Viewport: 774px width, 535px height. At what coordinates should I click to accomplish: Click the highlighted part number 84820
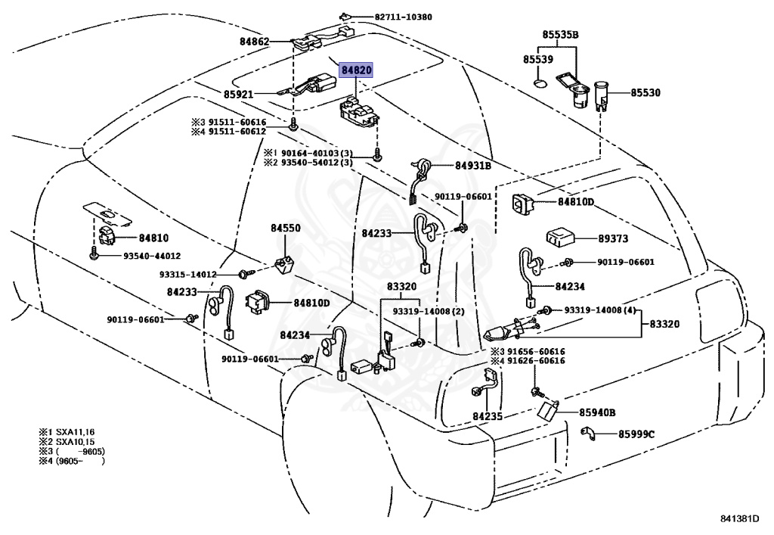(356, 70)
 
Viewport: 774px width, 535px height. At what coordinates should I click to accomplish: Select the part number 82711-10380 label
(404, 17)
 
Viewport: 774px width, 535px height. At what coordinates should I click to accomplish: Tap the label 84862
(255, 42)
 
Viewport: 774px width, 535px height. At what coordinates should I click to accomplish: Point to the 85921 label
(238, 94)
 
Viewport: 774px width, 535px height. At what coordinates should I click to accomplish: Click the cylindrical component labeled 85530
(602, 96)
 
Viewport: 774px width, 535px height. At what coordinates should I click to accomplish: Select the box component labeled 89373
(559, 237)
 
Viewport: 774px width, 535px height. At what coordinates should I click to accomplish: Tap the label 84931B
(473, 166)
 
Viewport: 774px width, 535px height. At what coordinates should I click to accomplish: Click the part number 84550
(285, 229)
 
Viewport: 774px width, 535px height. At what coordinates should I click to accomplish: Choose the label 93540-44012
(151, 256)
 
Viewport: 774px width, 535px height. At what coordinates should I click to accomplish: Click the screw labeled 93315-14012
(244, 274)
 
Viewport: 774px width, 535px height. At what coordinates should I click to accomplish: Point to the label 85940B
(597, 412)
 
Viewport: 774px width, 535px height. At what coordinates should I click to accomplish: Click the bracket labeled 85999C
(587, 433)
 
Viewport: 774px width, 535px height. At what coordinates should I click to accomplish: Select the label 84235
(488, 416)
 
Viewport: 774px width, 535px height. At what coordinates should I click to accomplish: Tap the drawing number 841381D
(739, 518)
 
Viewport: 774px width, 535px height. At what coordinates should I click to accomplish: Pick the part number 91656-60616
(537, 351)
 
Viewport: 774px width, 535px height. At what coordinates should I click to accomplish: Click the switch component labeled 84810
(107, 236)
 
